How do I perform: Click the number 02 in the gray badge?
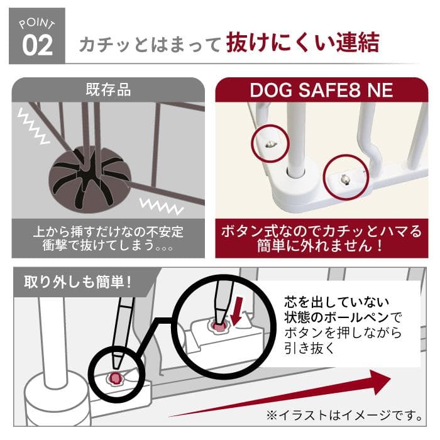[x=37, y=45]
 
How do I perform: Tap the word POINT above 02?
[x=37, y=23]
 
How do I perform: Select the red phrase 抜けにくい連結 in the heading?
[x=303, y=43]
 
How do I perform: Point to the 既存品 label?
[x=108, y=90]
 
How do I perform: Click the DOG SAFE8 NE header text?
[x=321, y=90]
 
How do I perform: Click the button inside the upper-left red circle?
[x=268, y=143]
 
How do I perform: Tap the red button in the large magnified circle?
[x=218, y=326]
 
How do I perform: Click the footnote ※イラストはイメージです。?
[x=344, y=416]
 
